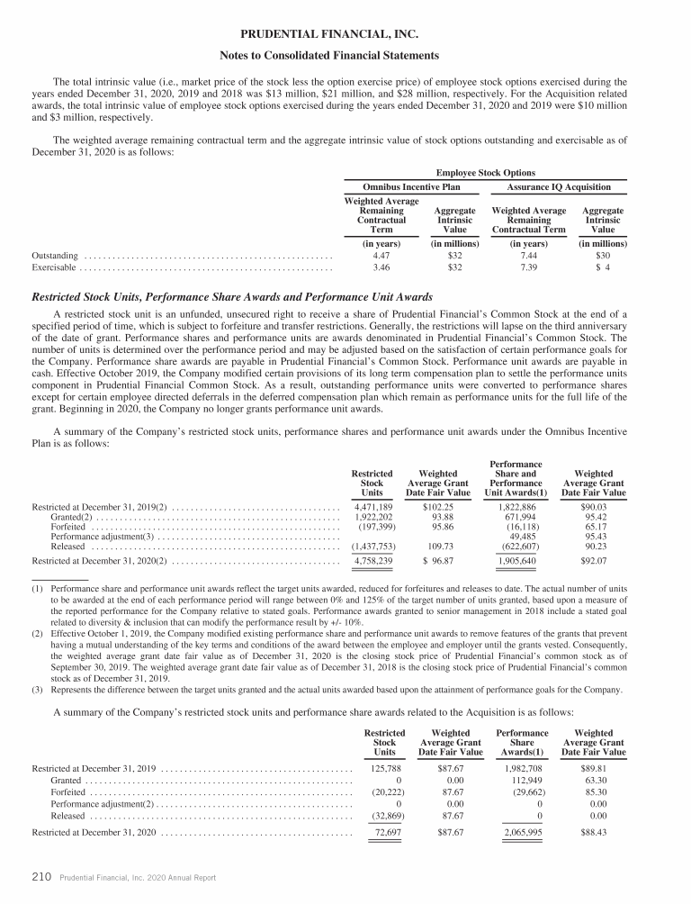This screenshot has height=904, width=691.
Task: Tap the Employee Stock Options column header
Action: (x=485, y=172)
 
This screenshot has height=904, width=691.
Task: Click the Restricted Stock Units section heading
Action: (x=232, y=296)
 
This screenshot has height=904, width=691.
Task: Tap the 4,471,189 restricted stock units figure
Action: (x=372, y=507)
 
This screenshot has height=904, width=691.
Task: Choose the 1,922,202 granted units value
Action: (x=372, y=520)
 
